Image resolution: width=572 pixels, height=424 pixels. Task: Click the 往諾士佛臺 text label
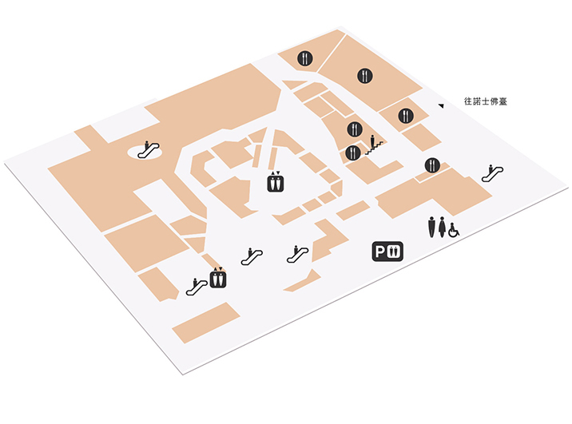pos(486,101)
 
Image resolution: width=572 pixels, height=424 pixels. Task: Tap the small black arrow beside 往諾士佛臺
pos(441,105)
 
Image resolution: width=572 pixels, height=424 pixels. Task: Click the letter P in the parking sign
pos(379,252)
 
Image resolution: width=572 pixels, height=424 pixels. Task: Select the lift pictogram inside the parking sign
pos(393,252)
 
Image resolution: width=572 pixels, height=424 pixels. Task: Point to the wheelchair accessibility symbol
pos(454,230)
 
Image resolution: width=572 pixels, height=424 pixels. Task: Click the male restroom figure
pos(432,227)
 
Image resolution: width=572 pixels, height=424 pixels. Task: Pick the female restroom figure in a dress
pos(442,227)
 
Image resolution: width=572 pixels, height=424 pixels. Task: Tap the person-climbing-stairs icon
pos(374,145)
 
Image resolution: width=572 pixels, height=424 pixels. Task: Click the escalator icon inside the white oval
pos(148,149)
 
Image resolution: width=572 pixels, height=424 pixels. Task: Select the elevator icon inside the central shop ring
pos(276,181)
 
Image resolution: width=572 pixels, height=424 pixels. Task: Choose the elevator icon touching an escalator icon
pos(218,278)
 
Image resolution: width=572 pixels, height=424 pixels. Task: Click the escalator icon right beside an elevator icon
pos(197,287)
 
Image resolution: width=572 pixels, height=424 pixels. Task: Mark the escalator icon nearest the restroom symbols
pos(492,173)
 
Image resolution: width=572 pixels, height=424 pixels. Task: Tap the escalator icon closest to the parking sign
pos(298,254)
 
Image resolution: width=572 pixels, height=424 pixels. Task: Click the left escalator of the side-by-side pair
pos(252,256)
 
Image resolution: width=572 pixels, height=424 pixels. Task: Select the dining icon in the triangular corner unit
pos(305,58)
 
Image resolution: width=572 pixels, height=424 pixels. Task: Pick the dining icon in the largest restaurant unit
pos(365,76)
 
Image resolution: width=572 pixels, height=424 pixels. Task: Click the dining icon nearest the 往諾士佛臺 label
pos(406,116)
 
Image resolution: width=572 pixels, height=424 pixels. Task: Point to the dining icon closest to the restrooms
pos(432,165)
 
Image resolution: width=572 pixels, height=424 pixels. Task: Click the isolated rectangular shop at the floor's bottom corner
pos(206,323)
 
